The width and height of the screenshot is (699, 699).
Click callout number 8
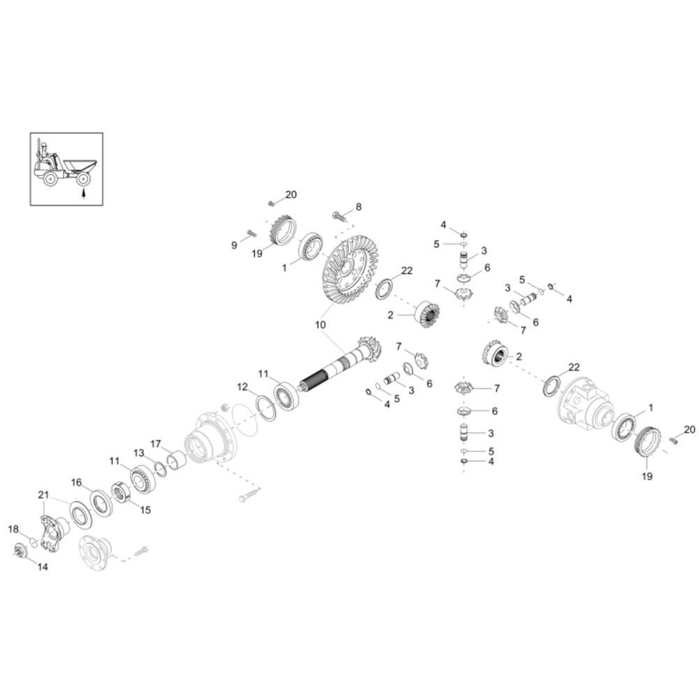click(x=359, y=207)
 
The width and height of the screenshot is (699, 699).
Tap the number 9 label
click(x=234, y=245)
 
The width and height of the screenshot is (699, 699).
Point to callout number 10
click(x=321, y=325)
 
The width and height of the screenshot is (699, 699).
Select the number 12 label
click(x=242, y=387)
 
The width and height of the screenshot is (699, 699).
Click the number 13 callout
click(x=139, y=453)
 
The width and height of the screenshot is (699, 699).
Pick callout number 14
click(x=43, y=567)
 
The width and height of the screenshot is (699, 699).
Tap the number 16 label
click(x=77, y=482)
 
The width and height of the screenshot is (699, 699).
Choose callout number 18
click(x=13, y=529)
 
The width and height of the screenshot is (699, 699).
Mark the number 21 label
click(x=43, y=495)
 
